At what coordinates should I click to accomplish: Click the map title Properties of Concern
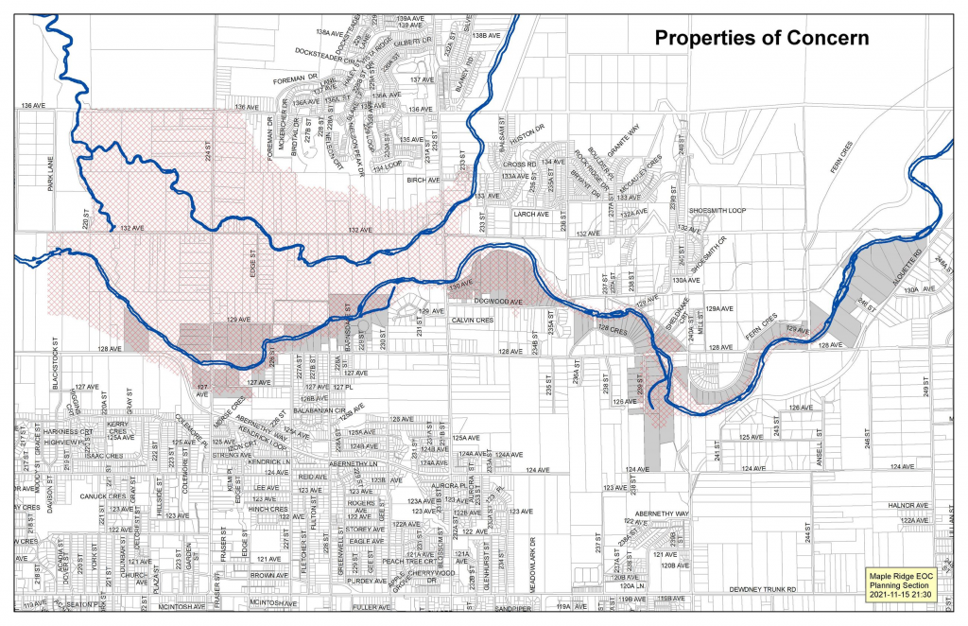(763, 38)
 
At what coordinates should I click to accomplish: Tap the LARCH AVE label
(529, 216)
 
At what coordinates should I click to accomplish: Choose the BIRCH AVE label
(423, 179)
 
